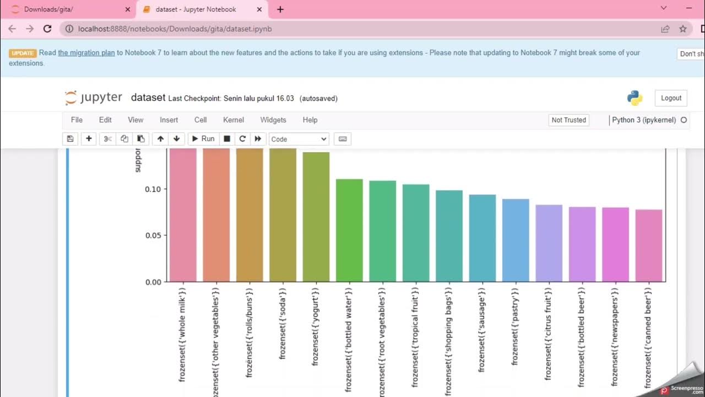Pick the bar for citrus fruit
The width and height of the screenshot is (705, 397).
549,243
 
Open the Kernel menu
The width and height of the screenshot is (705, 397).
233,120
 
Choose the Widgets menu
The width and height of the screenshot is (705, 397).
273,120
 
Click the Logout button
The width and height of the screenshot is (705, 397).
671,98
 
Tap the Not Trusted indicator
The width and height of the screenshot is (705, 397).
568,120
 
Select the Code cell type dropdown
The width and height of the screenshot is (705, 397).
299,139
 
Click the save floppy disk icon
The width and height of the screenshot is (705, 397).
70,139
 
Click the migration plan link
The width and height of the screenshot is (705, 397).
86,53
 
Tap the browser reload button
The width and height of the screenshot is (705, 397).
47,29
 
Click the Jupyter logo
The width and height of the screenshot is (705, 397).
93,98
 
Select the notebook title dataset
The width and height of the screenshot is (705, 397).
148,98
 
